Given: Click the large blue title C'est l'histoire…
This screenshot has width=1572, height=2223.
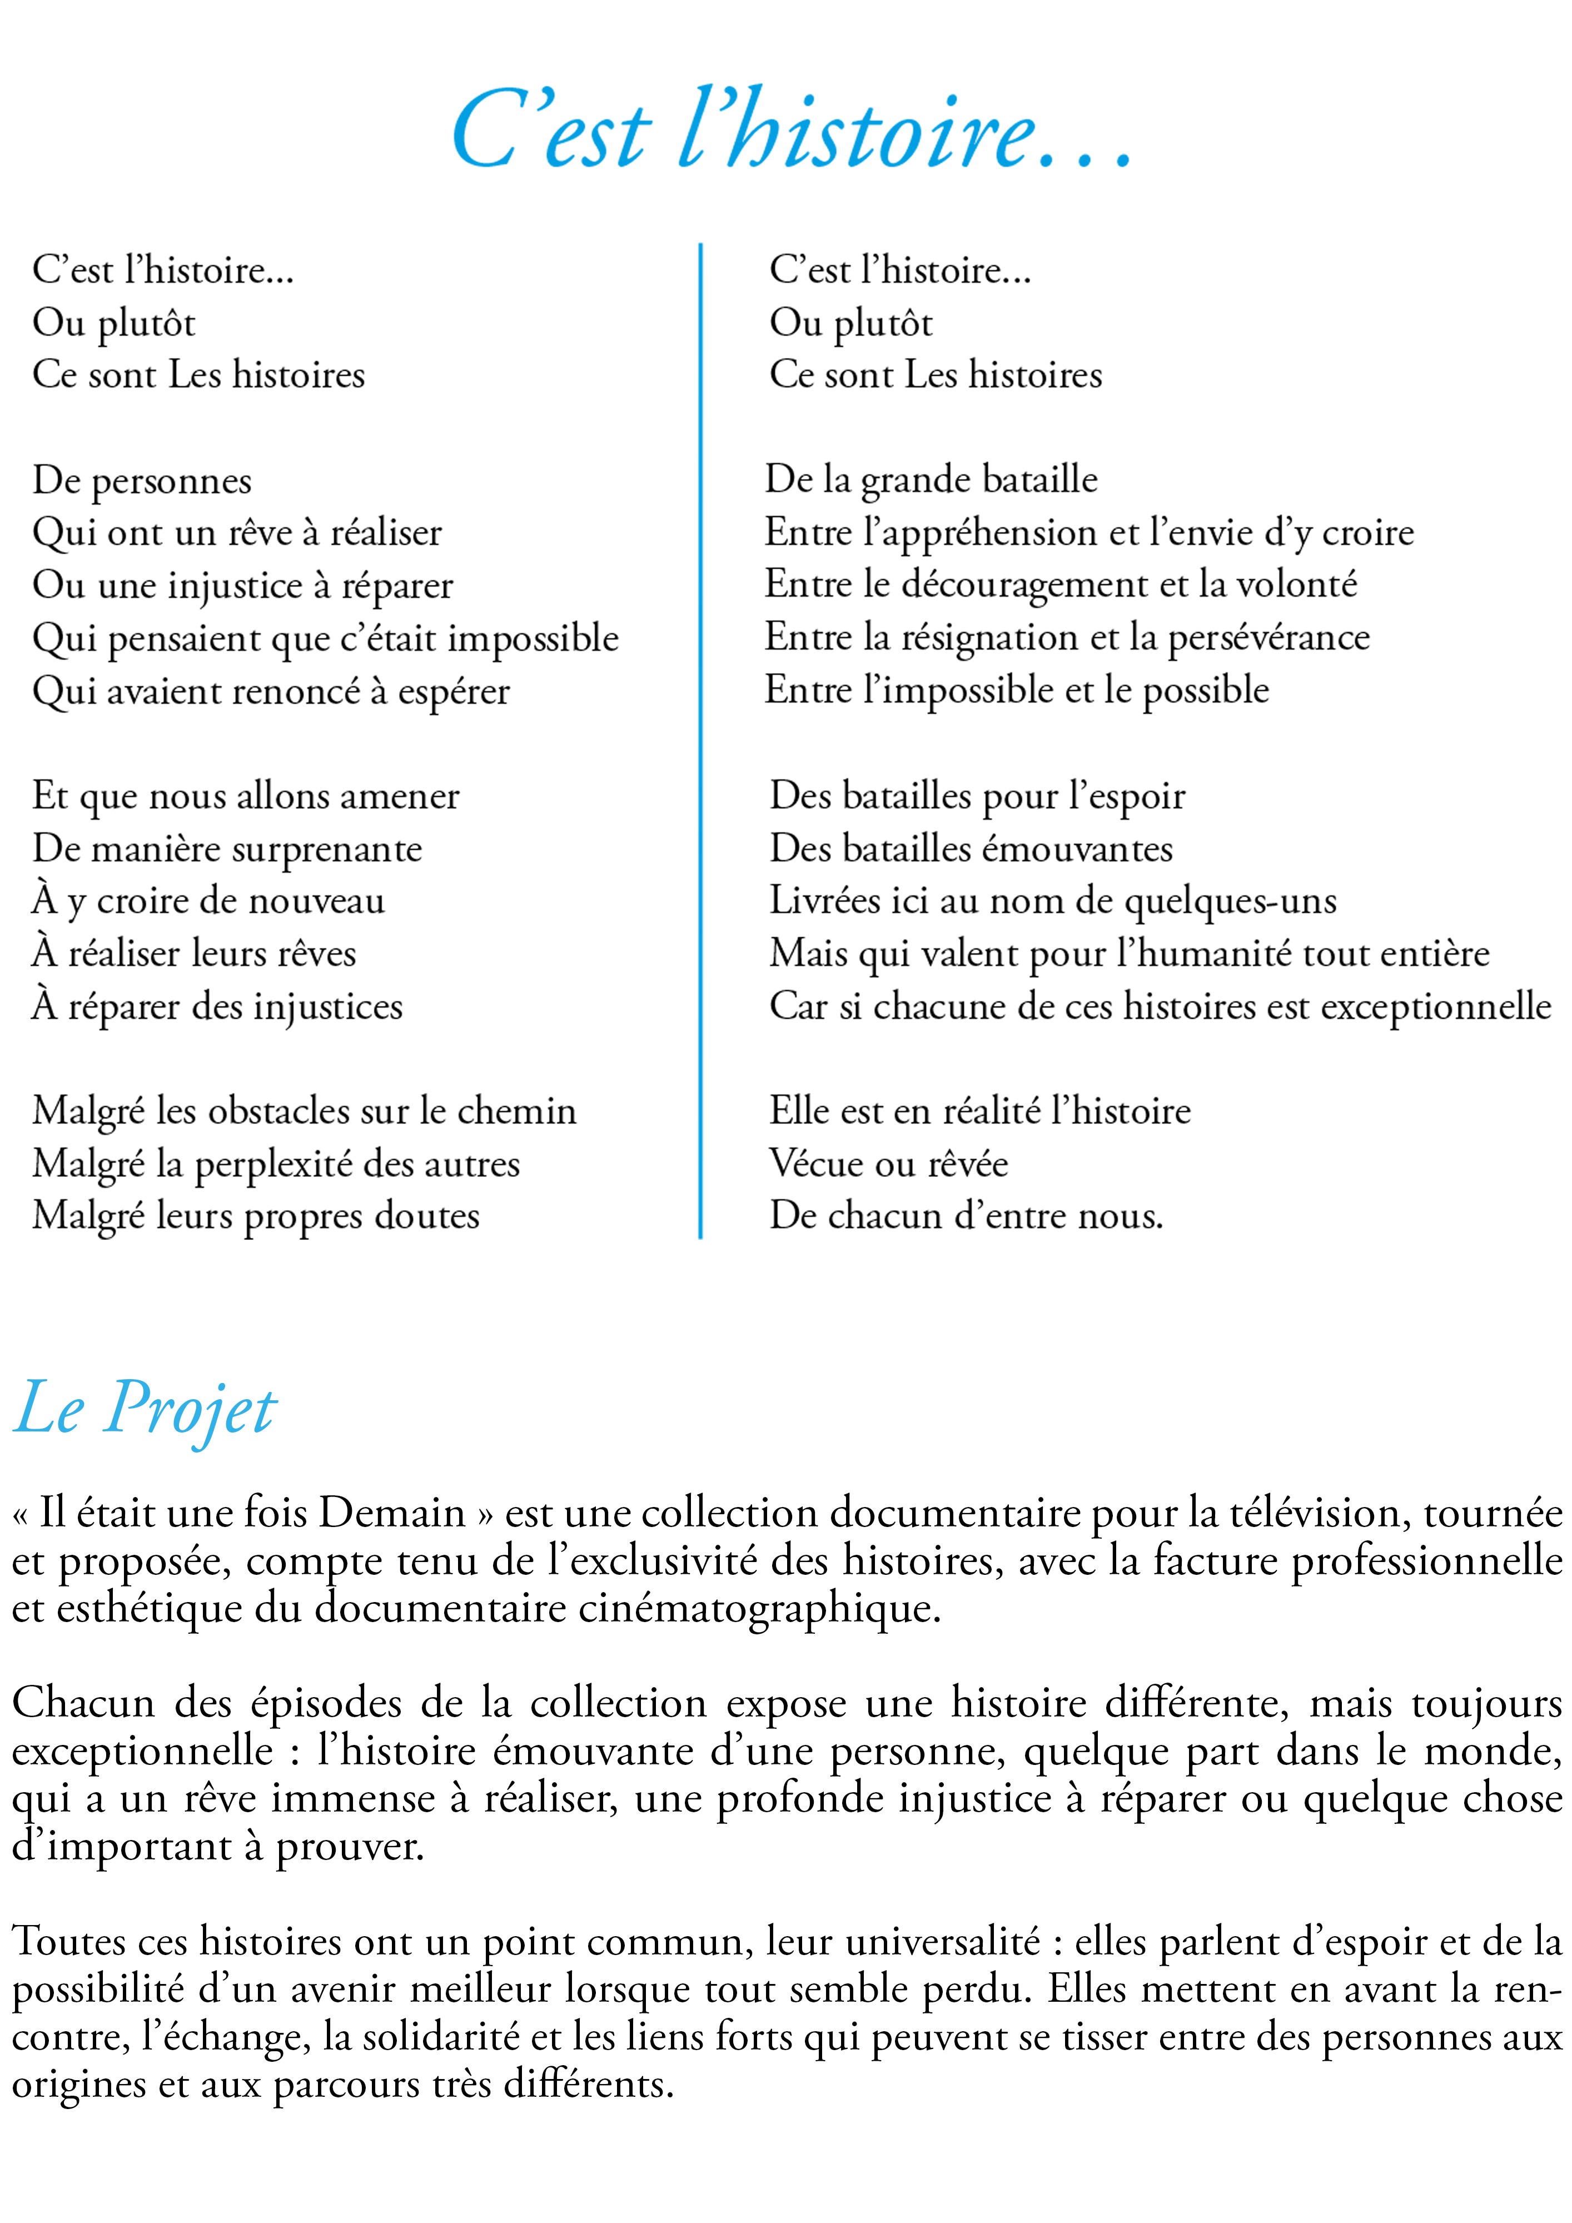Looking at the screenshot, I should (791, 131).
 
